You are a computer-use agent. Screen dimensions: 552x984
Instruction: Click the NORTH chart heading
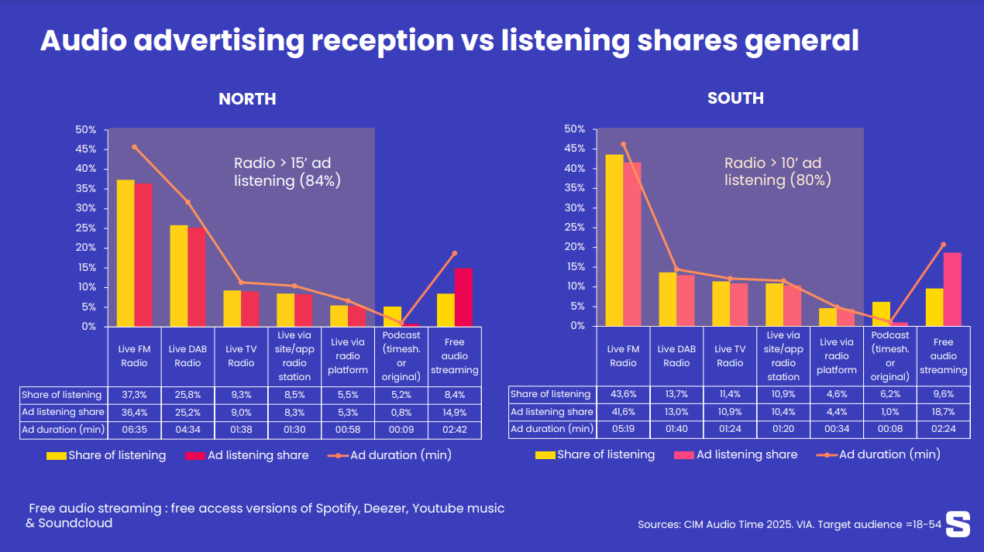pyautogui.click(x=247, y=99)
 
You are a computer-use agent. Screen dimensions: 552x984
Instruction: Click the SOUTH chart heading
pyautogui.click(x=735, y=98)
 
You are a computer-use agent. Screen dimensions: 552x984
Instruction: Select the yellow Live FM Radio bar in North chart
pyautogui.click(x=126, y=252)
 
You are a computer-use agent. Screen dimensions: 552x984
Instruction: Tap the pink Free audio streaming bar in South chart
pyautogui.click(x=952, y=289)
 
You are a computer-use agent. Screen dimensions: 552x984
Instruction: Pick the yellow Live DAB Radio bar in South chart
pyautogui.click(x=667, y=299)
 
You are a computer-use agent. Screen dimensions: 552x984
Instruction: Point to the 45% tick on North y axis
pyautogui.click(x=86, y=149)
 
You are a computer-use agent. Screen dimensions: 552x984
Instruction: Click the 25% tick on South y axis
pyautogui.click(x=575, y=228)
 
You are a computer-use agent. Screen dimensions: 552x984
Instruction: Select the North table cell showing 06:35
pyautogui.click(x=134, y=430)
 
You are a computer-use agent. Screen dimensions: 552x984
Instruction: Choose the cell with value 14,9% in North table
pyautogui.click(x=455, y=412)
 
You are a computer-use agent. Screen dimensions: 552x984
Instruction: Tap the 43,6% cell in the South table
pyautogui.click(x=623, y=394)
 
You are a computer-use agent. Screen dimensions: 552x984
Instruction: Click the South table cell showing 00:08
pyautogui.click(x=890, y=430)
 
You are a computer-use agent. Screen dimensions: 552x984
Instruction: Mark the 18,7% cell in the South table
pyautogui.click(x=943, y=412)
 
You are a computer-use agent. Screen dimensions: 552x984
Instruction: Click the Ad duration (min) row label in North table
pyautogui.click(x=61, y=430)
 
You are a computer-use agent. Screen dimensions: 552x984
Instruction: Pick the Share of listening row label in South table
pyautogui.click(x=550, y=394)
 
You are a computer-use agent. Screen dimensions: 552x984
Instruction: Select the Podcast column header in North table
pyautogui.click(x=401, y=356)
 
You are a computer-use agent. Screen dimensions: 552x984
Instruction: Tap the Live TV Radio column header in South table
pyautogui.click(x=730, y=356)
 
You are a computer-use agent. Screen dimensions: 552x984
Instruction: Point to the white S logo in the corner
pyautogui.click(x=958, y=523)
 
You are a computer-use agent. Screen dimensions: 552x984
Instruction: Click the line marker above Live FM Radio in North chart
pyautogui.click(x=134, y=147)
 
